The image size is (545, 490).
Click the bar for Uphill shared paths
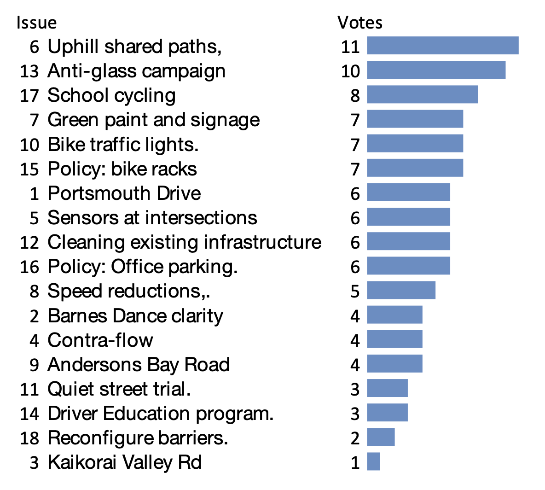[442, 46]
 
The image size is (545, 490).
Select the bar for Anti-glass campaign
[436, 70]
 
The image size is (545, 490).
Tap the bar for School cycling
[422, 94]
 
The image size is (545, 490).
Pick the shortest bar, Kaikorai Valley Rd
[373, 461]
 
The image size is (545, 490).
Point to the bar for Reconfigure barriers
[381, 437]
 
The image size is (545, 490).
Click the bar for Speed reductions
[401, 291]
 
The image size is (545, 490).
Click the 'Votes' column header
[359, 22]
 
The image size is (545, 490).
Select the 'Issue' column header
[36, 22]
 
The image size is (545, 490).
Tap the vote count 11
[350, 47]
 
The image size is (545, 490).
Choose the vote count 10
[350, 71]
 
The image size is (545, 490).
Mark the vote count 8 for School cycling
[354, 95]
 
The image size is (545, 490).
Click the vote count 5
[354, 291]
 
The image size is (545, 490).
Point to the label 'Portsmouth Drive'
[124, 193]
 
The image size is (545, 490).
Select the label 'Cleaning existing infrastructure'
[184, 242]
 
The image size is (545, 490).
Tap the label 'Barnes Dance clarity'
[135, 316]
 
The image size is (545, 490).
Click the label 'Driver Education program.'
[161, 414]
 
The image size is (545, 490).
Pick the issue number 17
[29, 96]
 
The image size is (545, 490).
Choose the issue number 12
[29, 243]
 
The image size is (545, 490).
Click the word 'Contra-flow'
[100, 340]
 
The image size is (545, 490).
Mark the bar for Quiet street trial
[387, 388]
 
